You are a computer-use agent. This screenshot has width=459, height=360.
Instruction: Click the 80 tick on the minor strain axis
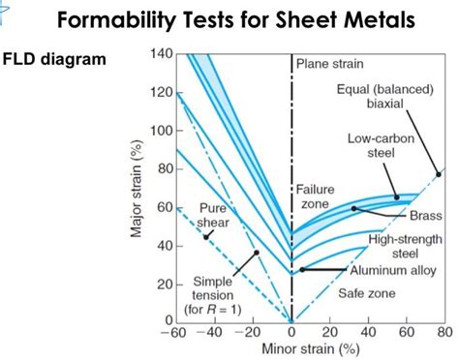444,334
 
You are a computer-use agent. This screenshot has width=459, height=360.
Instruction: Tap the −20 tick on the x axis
253,334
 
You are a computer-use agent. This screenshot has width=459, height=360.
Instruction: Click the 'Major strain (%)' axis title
137,188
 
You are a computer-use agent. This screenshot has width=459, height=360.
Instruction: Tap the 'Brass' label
426,215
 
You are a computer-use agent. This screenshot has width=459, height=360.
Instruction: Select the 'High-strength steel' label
406,246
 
